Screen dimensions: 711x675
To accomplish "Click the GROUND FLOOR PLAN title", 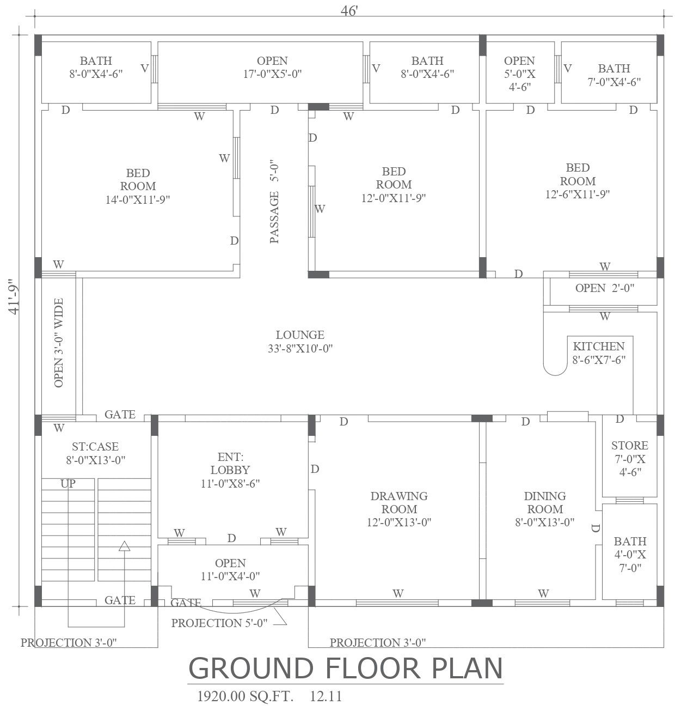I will click(346, 669).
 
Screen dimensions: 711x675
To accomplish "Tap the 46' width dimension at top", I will click(349, 11).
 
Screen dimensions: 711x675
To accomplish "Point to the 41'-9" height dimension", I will click(14, 299).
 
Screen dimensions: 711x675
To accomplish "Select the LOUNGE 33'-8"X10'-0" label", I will click(300, 342).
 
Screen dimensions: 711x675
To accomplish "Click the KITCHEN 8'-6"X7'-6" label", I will click(598, 353).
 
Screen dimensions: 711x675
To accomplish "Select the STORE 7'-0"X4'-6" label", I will click(630, 458).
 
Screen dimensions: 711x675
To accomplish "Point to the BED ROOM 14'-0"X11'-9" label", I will click(138, 186).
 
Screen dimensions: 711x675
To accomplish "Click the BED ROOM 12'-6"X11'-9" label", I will click(578, 181).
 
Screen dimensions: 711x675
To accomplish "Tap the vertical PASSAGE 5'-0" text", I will click(274, 202).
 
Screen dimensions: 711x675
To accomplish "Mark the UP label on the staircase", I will click(68, 484).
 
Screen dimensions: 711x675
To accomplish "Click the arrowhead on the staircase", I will click(125, 546).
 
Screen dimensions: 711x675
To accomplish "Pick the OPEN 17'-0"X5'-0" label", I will click(272, 67).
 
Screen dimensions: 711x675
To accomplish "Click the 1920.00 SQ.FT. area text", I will click(244, 696).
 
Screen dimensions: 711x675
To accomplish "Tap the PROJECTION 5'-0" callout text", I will click(219, 623).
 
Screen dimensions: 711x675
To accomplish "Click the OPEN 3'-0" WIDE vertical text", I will click(59, 343).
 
